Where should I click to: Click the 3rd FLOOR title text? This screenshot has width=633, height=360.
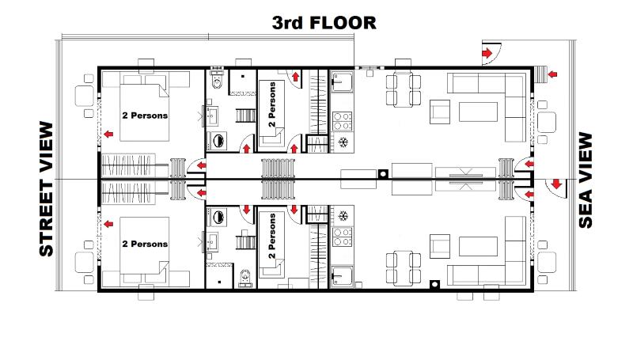coord(324,23)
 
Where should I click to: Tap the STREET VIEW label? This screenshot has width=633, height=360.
coord(47,189)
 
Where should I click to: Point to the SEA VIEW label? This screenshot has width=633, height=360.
coord(586,180)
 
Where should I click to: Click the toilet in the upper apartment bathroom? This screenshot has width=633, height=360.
coord(217,81)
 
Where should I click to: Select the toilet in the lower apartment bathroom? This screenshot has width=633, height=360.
coord(244,278)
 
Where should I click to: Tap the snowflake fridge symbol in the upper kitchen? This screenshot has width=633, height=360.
coord(343,142)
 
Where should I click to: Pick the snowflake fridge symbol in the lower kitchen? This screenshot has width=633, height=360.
coord(343,216)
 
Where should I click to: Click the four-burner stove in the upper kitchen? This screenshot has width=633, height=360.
coord(343,122)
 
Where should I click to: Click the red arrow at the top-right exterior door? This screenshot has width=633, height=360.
coord(487,53)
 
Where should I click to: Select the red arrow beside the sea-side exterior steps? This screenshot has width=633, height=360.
coord(552,74)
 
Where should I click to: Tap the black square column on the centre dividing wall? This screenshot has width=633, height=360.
coord(383,174)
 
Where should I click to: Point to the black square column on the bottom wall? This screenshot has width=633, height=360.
coord(434,284)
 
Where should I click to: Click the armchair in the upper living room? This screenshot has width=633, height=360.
coord(440,112)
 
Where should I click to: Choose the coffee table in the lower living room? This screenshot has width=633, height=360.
coord(478,246)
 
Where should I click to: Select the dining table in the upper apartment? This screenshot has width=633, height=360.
coord(404,89)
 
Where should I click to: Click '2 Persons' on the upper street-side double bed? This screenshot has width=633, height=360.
coord(145,116)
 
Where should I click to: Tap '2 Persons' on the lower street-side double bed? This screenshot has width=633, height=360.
coord(145,244)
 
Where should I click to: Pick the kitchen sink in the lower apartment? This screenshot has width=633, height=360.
coord(342,276)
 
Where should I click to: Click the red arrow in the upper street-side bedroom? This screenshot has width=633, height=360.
coord(108,134)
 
